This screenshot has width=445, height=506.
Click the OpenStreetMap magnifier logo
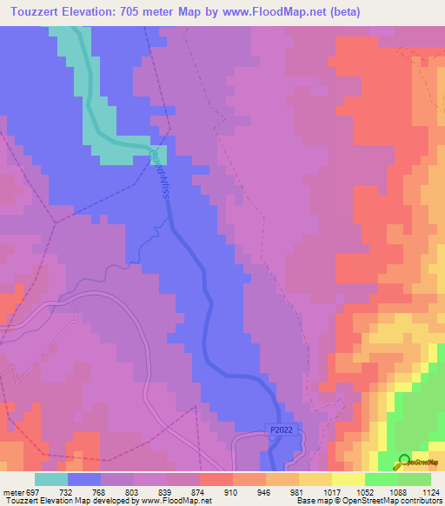[403, 462]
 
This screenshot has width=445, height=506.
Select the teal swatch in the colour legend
[51, 479]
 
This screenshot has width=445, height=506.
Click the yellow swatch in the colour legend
[349, 479]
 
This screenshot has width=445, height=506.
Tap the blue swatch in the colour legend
[84, 479]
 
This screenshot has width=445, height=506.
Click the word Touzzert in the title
[32, 11]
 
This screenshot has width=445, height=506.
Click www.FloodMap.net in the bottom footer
[176, 501]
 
